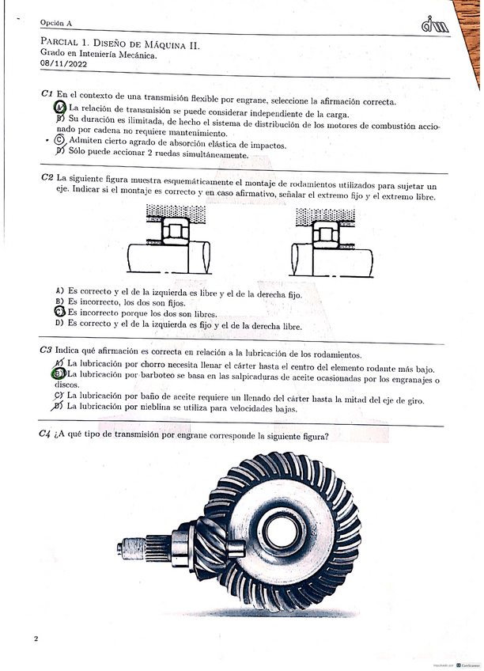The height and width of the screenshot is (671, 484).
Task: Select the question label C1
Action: click(x=47, y=93)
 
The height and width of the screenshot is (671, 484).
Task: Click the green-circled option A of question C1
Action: click(x=60, y=108)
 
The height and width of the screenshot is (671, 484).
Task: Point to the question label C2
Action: click(x=47, y=178)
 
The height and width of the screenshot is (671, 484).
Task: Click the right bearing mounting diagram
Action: click(x=331, y=241)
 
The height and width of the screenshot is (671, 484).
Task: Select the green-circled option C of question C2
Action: click(x=59, y=313)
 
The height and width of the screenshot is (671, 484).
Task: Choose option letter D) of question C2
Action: click(x=59, y=323)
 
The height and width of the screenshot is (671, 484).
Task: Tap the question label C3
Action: click(x=46, y=351)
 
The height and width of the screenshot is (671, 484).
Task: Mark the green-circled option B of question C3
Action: click(x=59, y=373)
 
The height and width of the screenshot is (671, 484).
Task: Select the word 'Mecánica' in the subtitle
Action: click(x=135, y=56)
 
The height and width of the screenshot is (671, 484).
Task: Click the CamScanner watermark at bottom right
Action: click(x=452, y=662)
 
